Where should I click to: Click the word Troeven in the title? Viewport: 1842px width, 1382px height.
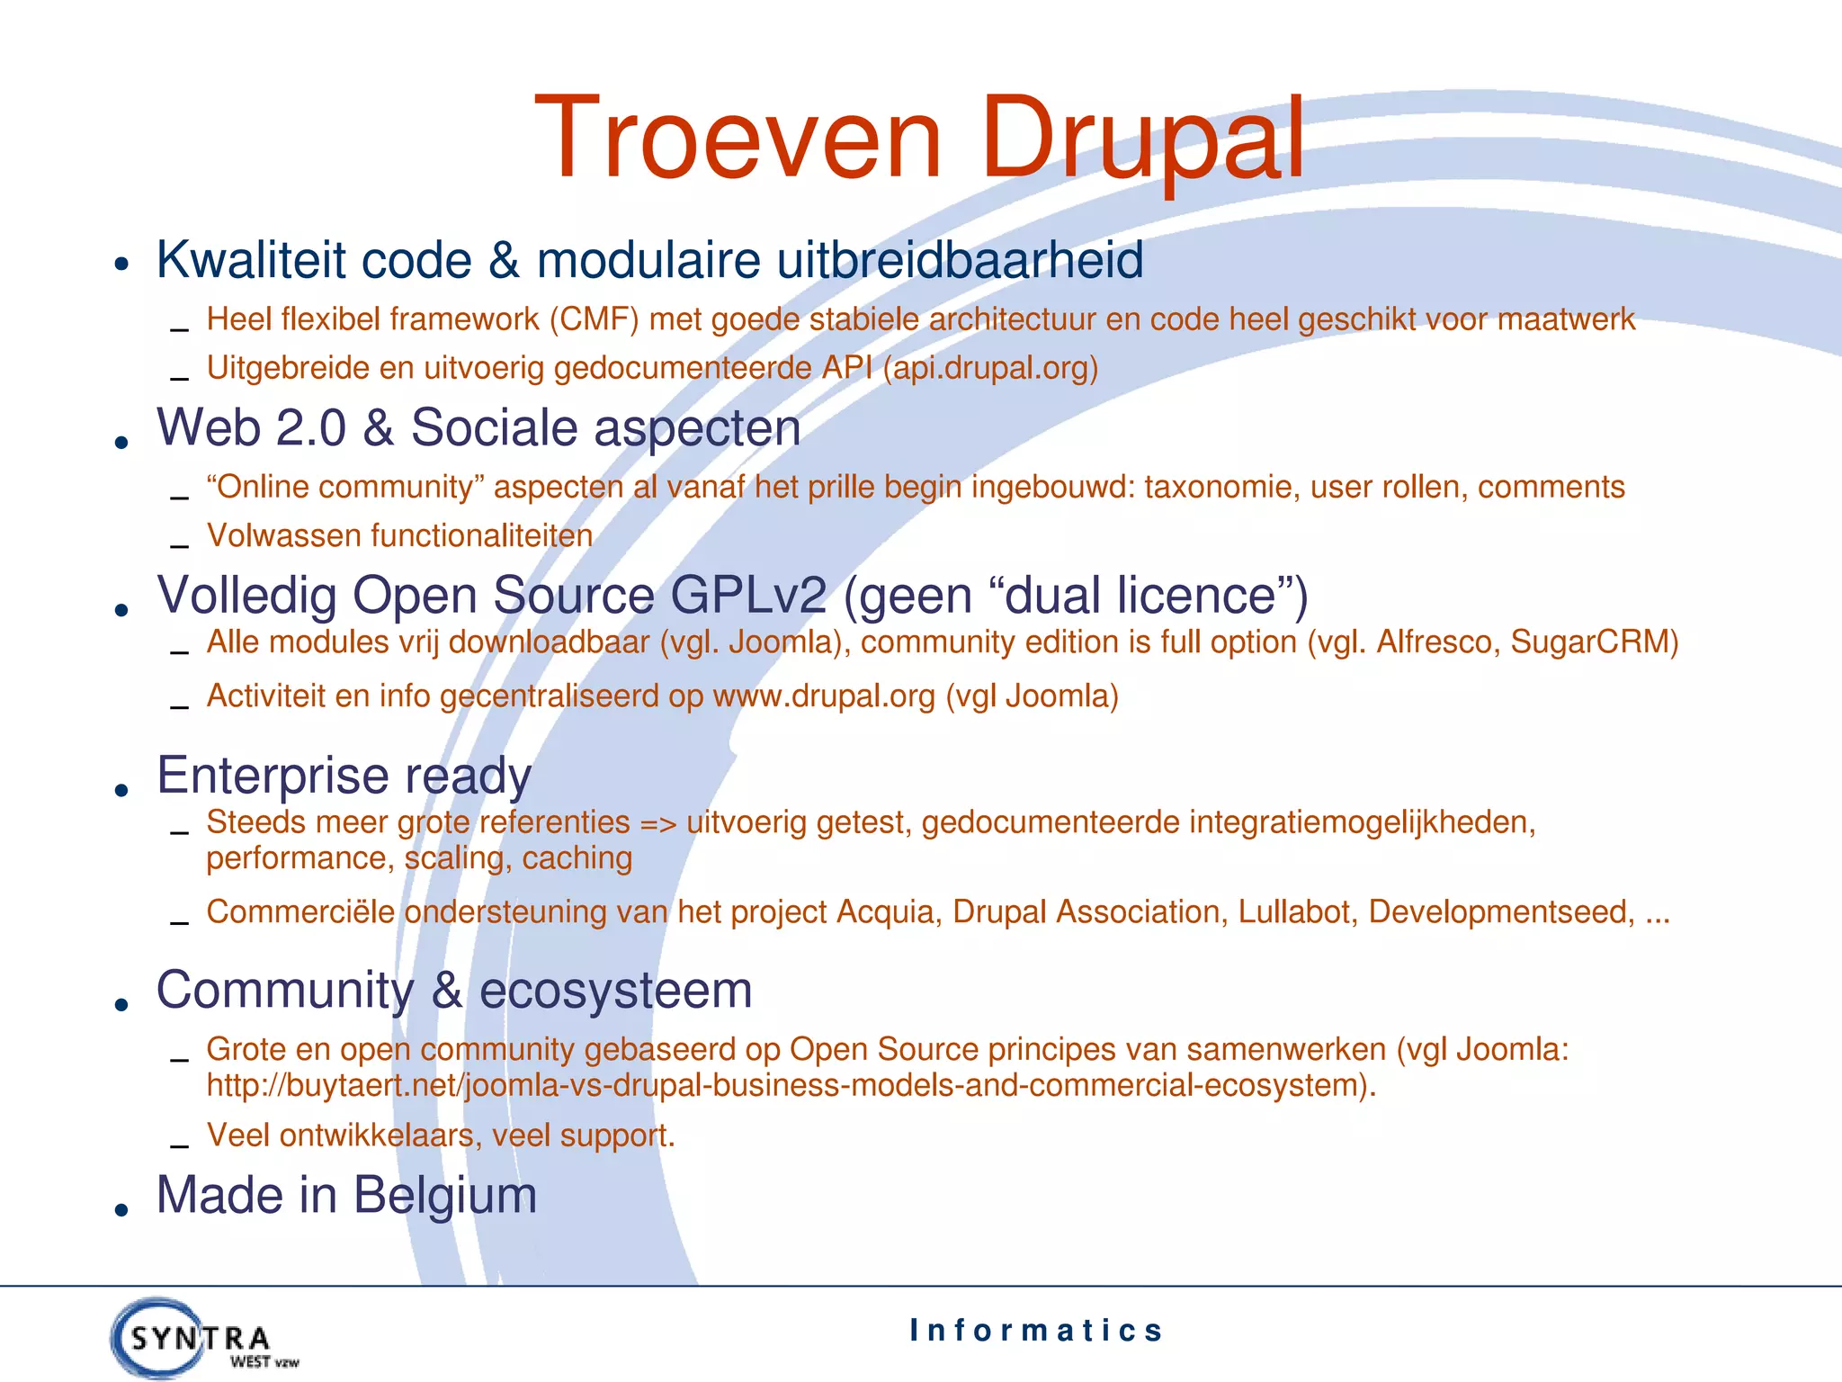(x=738, y=139)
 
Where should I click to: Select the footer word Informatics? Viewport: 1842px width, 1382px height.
(x=1036, y=1330)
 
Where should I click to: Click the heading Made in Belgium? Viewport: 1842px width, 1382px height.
(x=346, y=1195)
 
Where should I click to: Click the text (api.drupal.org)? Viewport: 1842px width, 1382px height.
(x=990, y=368)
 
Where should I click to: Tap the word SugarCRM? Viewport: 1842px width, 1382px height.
(x=1593, y=642)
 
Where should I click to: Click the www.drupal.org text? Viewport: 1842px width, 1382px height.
(x=824, y=696)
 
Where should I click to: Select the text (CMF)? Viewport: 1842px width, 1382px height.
(x=594, y=319)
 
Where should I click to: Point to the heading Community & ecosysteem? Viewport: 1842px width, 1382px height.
(x=454, y=990)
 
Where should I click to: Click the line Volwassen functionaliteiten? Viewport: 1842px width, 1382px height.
(x=399, y=536)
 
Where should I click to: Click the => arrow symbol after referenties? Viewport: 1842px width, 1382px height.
(x=657, y=823)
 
